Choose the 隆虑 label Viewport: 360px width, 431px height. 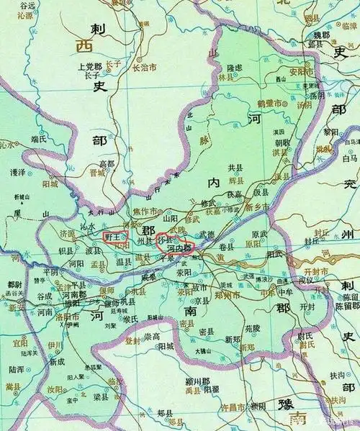238,68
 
